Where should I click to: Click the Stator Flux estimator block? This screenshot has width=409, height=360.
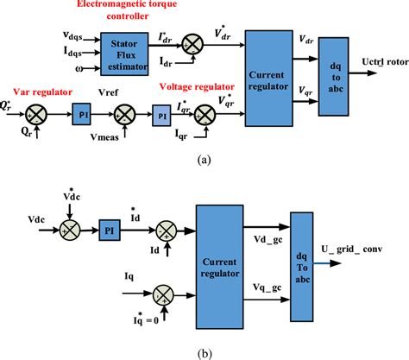(125, 50)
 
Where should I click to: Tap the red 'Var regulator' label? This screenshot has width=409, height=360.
(38, 89)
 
